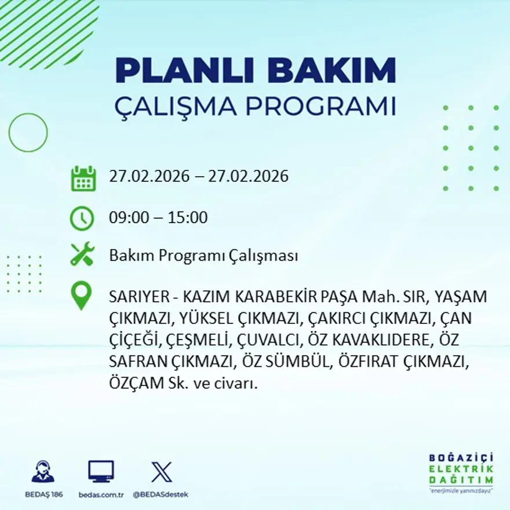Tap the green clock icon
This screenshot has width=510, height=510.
click(82, 218)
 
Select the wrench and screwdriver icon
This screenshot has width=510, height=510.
click(82, 254)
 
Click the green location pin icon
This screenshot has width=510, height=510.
click(81, 295)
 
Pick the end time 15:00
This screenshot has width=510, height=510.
click(188, 218)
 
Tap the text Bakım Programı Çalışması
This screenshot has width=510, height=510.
click(203, 256)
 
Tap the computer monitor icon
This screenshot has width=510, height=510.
click(101, 471)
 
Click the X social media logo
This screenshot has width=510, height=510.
click(161, 471)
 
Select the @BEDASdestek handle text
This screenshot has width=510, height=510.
click(161, 494)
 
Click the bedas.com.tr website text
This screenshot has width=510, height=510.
click(101, 494)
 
